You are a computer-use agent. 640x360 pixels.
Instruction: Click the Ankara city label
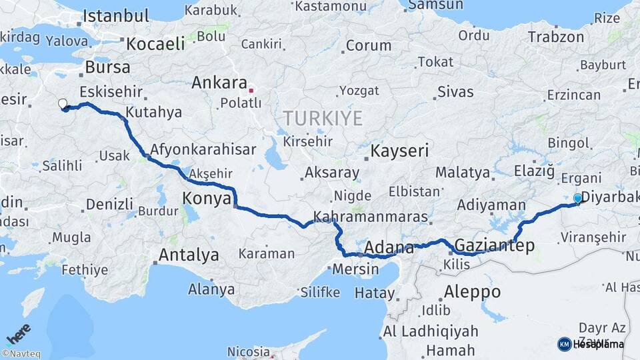pyautogui.click(x=219, y=83)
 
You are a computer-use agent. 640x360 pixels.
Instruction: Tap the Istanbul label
pyautogui.click(x=116, y=15)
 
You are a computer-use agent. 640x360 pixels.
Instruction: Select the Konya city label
pyautogui.click(x=207, y=198)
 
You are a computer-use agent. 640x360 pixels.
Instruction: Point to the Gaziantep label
pyautogui.click(x=494, y=245)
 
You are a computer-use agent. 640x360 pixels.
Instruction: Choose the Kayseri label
pyautogui.click(x=399, y=151)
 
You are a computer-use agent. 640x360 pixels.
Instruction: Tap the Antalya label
pyautogui.click(x=189, y=255)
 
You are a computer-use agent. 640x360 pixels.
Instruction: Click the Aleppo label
pyautogui.click(x=472, y=291)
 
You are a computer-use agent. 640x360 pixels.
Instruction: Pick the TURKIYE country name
pyautogui.click(x=323, y=119)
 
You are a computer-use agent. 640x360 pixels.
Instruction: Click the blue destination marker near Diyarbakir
pyautogui.click(x=577, y=198)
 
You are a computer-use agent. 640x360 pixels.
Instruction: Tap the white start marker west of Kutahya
pyautogui.click(x=63, y=103)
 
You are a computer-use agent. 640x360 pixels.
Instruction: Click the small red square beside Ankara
pyautogui.click(x=251, y=89)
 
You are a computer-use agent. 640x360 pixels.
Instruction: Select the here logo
pyautogui.click(x=19, y=334)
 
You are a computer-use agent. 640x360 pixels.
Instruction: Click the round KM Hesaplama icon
pyautogui.click(x=564, y=344)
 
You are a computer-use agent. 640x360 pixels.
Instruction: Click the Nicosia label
pyautogui.click(x=249, y=351)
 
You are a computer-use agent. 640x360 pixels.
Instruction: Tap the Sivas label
pyautogui.click(x=455, y=92)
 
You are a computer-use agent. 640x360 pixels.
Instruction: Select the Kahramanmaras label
pyautogui.click(x=370, y=217)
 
